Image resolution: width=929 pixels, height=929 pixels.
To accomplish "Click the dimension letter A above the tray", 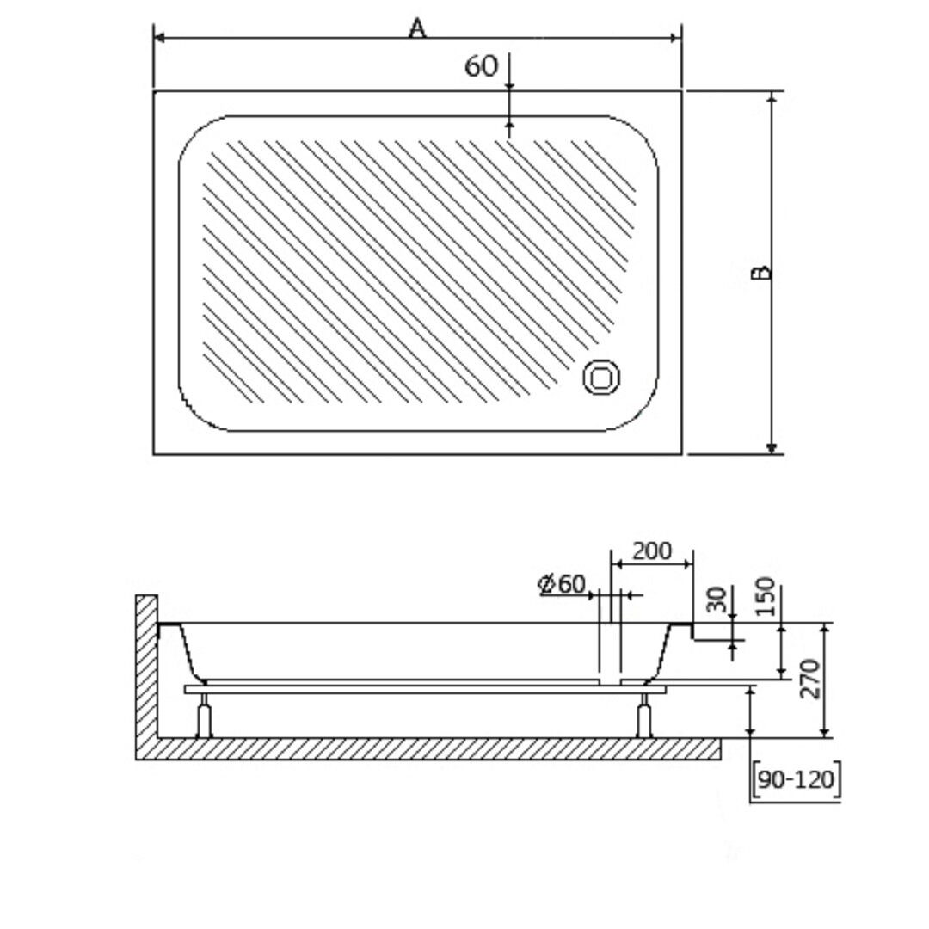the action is coord(418,28).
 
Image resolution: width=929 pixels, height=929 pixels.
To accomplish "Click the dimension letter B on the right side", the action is coord(761,272).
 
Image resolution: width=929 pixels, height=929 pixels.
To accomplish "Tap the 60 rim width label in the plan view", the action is coord(481,65).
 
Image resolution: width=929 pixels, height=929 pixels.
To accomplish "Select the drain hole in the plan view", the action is coord(601,377).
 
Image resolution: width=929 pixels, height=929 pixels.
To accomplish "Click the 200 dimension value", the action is coord(652,551).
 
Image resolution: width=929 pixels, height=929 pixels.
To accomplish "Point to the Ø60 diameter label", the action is coord(562,584).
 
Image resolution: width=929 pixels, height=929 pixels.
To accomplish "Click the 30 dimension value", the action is coord(717,600).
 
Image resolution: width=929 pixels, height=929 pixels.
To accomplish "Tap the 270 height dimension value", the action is coord(809,679).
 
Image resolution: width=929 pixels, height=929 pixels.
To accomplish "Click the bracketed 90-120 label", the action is coord(797,779).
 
